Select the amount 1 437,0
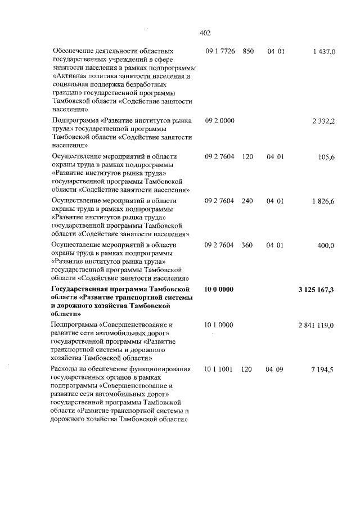click(322, 51)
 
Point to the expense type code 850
click(248, 51)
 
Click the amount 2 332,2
click(323, 121)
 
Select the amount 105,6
click(326, 157)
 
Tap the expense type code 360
click(248, 245)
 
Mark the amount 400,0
click(325, 245)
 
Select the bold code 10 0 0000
click(219, 289)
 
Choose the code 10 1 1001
click(219, 369)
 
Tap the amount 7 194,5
click(323, 369)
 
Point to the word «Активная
click(69, 75)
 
